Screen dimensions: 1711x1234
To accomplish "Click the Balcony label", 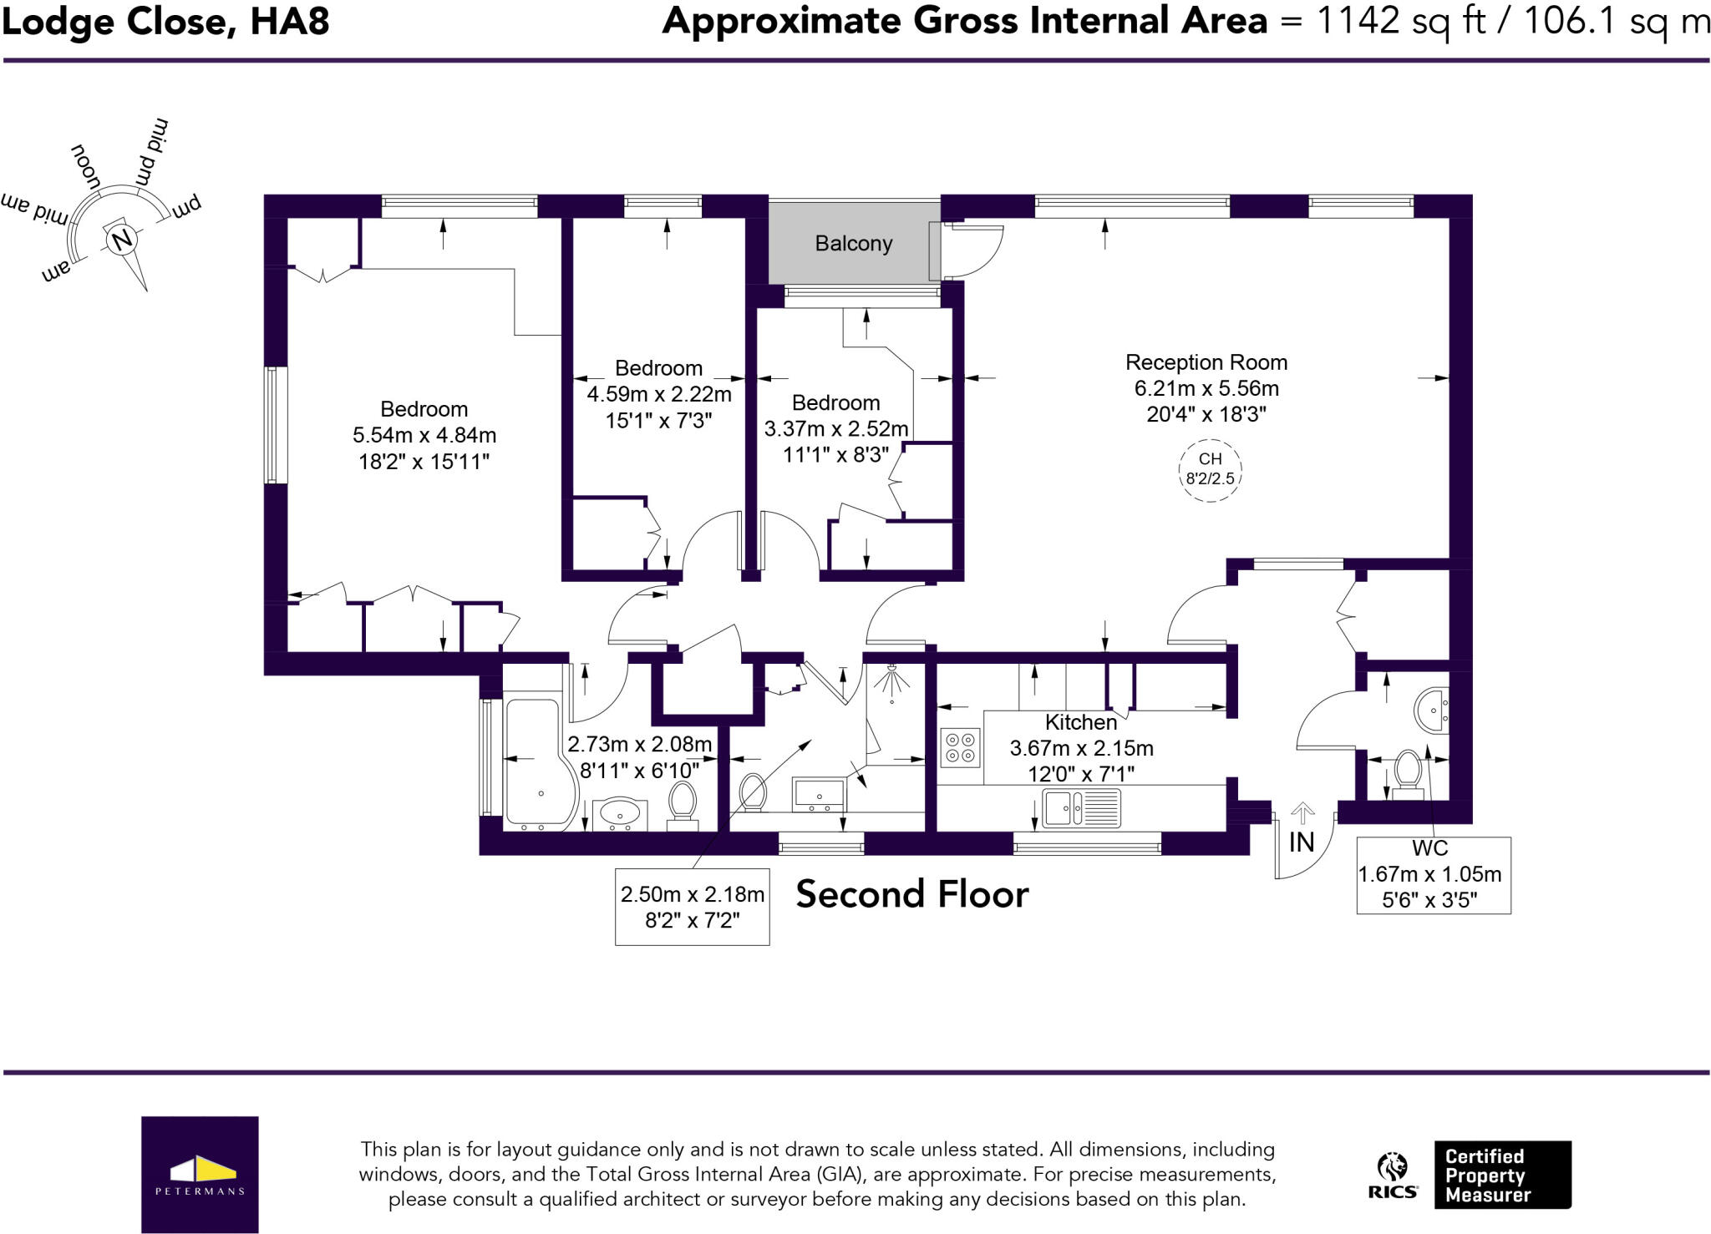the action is point(853,244).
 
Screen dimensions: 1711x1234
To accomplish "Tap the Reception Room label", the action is point(1206,362).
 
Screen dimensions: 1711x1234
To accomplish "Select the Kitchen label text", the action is point(1080,722).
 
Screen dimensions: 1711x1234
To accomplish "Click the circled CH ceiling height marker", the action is point(1210,469).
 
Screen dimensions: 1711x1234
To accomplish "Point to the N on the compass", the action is point(123,240).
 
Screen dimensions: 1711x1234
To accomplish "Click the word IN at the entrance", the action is point(1301,842).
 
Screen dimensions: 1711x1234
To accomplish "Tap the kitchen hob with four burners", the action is point(960,747).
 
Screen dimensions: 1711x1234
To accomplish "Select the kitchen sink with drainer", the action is point(1081,807).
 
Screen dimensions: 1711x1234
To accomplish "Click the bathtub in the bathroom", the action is point(540,765).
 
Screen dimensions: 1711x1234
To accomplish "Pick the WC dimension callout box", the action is point(1433,875).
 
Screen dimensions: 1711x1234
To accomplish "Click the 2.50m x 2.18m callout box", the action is point(692,907).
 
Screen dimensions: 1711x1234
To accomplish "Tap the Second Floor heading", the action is point(911,894).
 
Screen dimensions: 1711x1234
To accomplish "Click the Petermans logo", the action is point(200,1174).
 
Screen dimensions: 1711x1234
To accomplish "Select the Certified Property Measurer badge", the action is point(1502,1175).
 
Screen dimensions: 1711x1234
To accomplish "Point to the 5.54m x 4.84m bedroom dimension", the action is point(424,435).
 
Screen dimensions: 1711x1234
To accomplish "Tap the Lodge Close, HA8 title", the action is point(165,22).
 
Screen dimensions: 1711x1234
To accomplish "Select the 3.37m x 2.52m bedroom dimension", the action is point(835,429).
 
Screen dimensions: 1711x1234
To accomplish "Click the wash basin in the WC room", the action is point(1432,711).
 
